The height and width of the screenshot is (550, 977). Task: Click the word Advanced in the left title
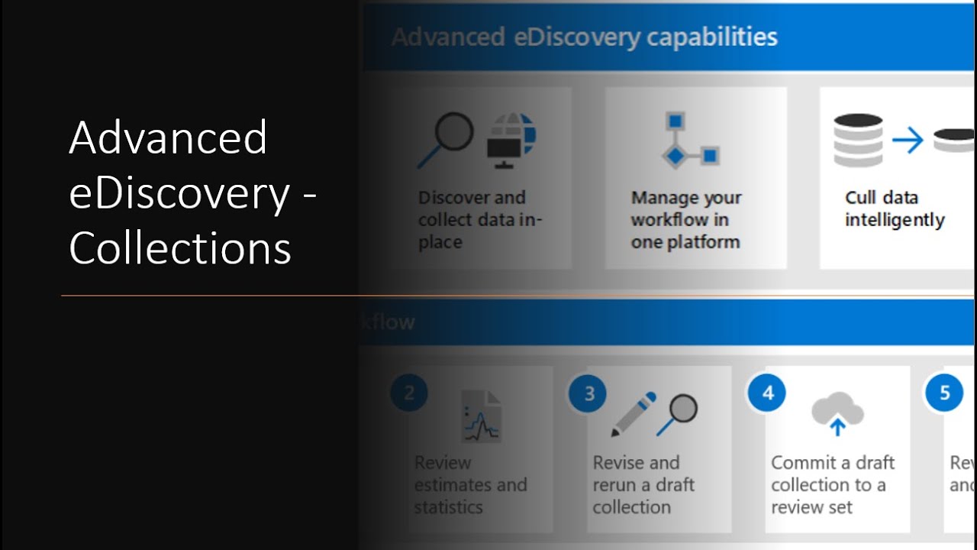click(168, 137)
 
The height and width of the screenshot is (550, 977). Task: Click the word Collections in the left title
click(180, 248)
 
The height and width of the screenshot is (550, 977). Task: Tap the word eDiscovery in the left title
click(180, 193)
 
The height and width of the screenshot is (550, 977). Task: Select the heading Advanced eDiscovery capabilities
click(584, 37)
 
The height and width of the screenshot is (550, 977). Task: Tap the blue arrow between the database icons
click(908, 141)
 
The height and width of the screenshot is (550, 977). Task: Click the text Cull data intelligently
click(894, 209)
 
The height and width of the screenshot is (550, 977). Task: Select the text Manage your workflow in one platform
click(685, 220)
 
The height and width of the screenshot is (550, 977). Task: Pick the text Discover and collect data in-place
click(479, 220)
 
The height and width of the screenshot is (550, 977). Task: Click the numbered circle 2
click(409, 393)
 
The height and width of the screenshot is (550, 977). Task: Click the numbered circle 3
click(588, 393)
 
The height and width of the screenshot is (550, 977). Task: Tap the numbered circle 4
click(767, 393)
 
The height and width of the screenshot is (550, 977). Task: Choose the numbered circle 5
click(944, 393)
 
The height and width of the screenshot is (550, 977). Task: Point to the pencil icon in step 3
click(634, 413)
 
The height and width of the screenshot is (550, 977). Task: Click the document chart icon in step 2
click(482, 416)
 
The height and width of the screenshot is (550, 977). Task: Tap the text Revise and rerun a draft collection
click(643, 484)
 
